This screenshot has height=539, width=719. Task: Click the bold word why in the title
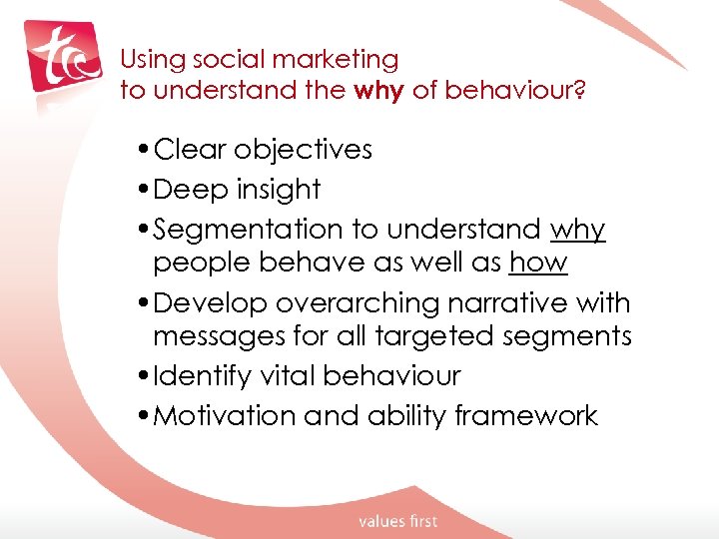[379, 90]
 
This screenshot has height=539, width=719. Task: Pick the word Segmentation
[248, 230]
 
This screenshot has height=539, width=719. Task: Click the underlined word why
[577, 231]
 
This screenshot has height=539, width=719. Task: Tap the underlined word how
[538, 263]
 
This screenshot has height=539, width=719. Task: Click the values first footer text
[397, 520]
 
